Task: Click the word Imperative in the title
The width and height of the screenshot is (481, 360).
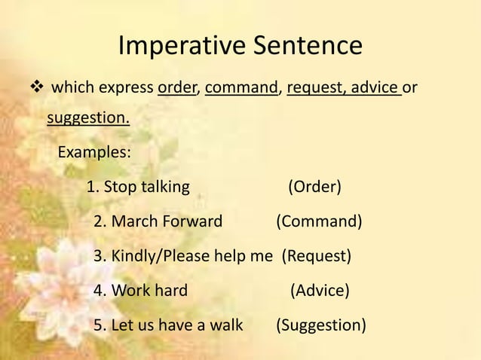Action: (x=178, y=46)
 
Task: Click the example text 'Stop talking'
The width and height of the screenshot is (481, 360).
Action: (x=146, y=186)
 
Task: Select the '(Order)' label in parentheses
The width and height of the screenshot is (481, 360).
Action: (x=314, y=186)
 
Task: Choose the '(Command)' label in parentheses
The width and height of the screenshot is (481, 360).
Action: (x=318, y=221)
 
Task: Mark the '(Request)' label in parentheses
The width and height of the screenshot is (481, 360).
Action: (x=317, y=256)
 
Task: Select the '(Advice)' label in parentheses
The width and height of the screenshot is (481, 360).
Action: (x=320, y=291)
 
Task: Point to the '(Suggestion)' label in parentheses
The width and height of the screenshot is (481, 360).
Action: (x=321, y=325)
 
